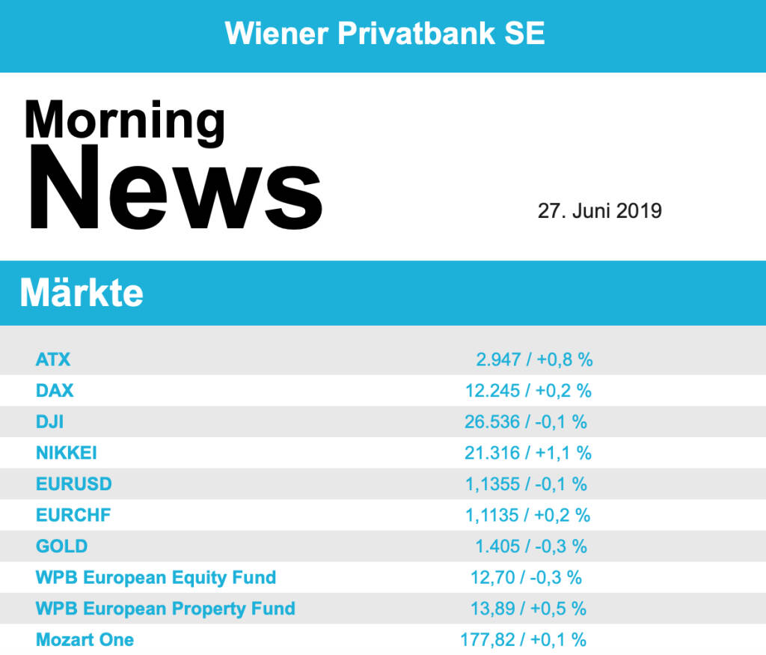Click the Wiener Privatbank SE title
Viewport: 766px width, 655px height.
384,34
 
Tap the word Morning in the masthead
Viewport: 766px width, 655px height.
124,119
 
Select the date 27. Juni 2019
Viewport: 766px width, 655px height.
599,211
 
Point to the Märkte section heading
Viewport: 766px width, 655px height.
82,293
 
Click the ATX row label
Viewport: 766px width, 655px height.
53,359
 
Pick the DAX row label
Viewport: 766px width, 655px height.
55,390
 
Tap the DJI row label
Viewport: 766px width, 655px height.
49,421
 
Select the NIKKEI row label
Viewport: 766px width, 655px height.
67,453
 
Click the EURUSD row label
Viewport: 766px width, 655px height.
74,484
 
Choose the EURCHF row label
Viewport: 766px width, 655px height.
73,515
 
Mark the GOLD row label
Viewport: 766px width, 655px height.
61,546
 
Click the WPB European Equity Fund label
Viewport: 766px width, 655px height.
156,578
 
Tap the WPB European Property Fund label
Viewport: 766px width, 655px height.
165,609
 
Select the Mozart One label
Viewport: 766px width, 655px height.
85,640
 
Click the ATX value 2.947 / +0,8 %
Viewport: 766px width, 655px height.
534,359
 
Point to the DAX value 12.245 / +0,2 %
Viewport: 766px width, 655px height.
528,390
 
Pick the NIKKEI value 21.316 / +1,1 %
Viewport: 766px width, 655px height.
528,453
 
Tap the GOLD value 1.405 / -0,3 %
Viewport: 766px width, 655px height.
531,546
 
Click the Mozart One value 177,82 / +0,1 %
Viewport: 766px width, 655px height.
523,640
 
